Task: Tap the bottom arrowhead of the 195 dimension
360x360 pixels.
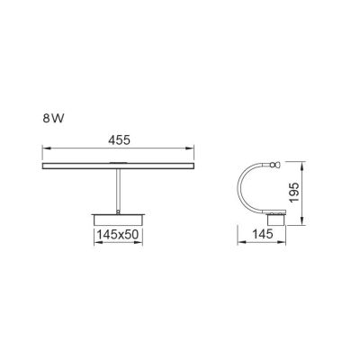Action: [298, 221]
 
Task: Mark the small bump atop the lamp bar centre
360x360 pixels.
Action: [118, 162]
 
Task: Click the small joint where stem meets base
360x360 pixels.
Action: [118, 211]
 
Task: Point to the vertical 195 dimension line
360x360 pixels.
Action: [298, 193]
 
